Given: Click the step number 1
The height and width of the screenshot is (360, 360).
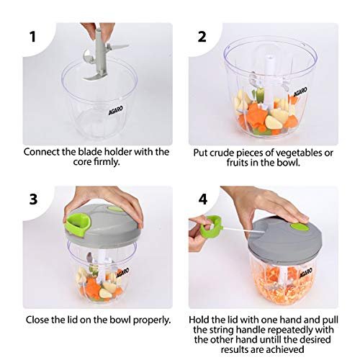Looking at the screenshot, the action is pos(33,37).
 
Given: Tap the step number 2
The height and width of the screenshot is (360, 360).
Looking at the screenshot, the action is pos(202,37).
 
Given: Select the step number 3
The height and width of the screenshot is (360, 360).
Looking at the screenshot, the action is pos(33,199).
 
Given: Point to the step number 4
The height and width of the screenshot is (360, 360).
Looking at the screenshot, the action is pos(202,199).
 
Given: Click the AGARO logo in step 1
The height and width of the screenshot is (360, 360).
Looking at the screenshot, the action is pos(116,110).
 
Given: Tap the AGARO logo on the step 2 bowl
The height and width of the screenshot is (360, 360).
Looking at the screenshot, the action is pos(300,92).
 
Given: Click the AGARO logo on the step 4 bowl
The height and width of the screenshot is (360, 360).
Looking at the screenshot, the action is pos(306,273).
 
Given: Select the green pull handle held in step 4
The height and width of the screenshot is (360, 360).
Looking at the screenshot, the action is pos(211,225).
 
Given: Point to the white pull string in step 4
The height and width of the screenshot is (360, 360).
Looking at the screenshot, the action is pos(244,230).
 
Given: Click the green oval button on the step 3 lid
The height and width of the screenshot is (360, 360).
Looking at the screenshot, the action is pos(115,209).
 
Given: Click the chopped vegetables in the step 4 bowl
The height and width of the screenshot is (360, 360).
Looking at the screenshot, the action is pos(282,286).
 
